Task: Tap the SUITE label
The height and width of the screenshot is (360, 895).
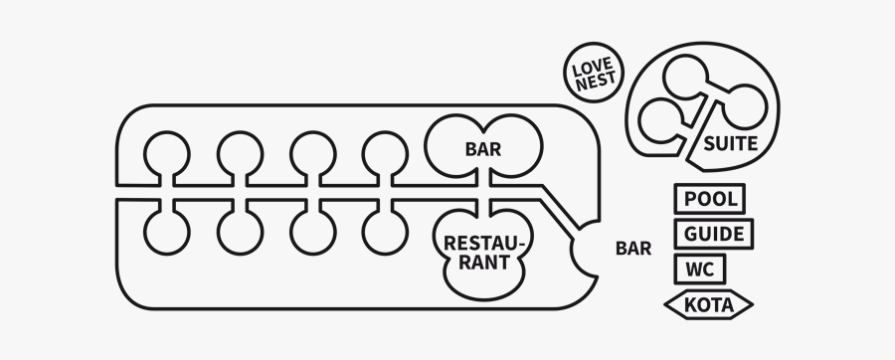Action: [731, 144]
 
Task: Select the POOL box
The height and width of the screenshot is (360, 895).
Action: [710, 199]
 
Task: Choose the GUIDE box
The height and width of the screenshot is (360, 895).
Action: [714, 235]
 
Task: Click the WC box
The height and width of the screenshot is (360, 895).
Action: [700, 270]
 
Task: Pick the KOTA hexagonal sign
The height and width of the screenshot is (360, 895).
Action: [709, 304]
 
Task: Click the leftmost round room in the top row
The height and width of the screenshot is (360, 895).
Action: [166, 152]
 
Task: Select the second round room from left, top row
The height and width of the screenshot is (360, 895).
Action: [239, 152]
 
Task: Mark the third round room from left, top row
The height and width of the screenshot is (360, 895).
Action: [312, 152]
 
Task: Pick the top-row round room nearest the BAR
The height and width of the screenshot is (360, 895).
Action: [384, 152]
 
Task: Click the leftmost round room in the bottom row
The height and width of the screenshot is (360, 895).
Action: [166, 230]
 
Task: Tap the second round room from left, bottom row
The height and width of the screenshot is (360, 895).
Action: [239, 230]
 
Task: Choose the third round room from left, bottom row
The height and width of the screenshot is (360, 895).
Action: [312, 230]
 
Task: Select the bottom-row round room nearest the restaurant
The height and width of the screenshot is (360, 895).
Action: [384, 230]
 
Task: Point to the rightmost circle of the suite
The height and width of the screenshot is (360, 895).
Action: [744, 101]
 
